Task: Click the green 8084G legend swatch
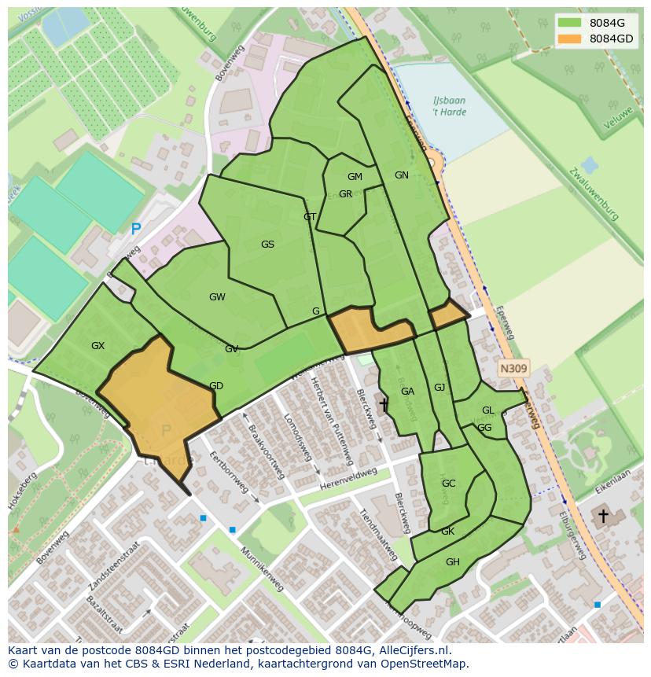click(x=570, y=22)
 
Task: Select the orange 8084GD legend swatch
click(x=570, y=39)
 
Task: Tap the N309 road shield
click(x=513, y=368)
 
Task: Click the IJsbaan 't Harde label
click(x=449, y=106)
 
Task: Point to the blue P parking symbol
click(x=136, y=230)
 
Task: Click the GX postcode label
click(x=97, y=346)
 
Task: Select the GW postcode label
click(x=217, y=297)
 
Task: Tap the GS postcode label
click(x=267, y=245)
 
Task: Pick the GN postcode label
click(x=402, y=175)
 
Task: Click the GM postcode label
click(x=355, y=177)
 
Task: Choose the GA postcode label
click(x=407, y=392)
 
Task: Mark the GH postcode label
click(x=452, y=562)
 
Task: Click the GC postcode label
click(x=448, y=484)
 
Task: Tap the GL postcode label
click(x=487, y=410)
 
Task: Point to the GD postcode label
click(x=216, y=386)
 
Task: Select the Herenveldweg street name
click(x=355, y=477)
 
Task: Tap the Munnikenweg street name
click(x=262, y=570)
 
